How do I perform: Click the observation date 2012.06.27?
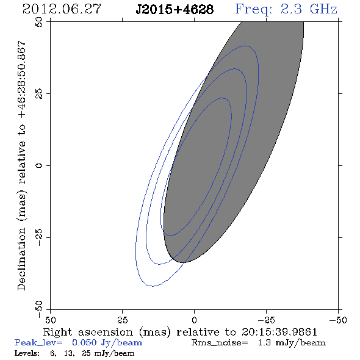point(62,9)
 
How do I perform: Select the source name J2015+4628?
point(175,9)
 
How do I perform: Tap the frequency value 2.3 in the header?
point(291,9)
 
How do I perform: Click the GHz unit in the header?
point(323,9)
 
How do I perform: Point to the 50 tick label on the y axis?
point(39,22)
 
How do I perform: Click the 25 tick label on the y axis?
point(39,94)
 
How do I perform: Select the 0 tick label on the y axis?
point(39,165)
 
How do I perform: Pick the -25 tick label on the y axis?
point(39,237)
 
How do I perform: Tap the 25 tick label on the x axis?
point(122,320)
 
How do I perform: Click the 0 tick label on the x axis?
point(194,320)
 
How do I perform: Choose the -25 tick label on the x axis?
point(266,320)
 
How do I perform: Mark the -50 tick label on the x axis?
point(338,320)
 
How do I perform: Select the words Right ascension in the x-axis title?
point(88,332)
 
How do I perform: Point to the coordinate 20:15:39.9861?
point(279,332)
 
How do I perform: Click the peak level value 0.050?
point(84,343)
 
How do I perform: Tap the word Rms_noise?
point(220,343)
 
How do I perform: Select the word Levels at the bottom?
point(27,353)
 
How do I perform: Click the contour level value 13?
point(69,353)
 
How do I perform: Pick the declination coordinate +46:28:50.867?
point(21,80)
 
